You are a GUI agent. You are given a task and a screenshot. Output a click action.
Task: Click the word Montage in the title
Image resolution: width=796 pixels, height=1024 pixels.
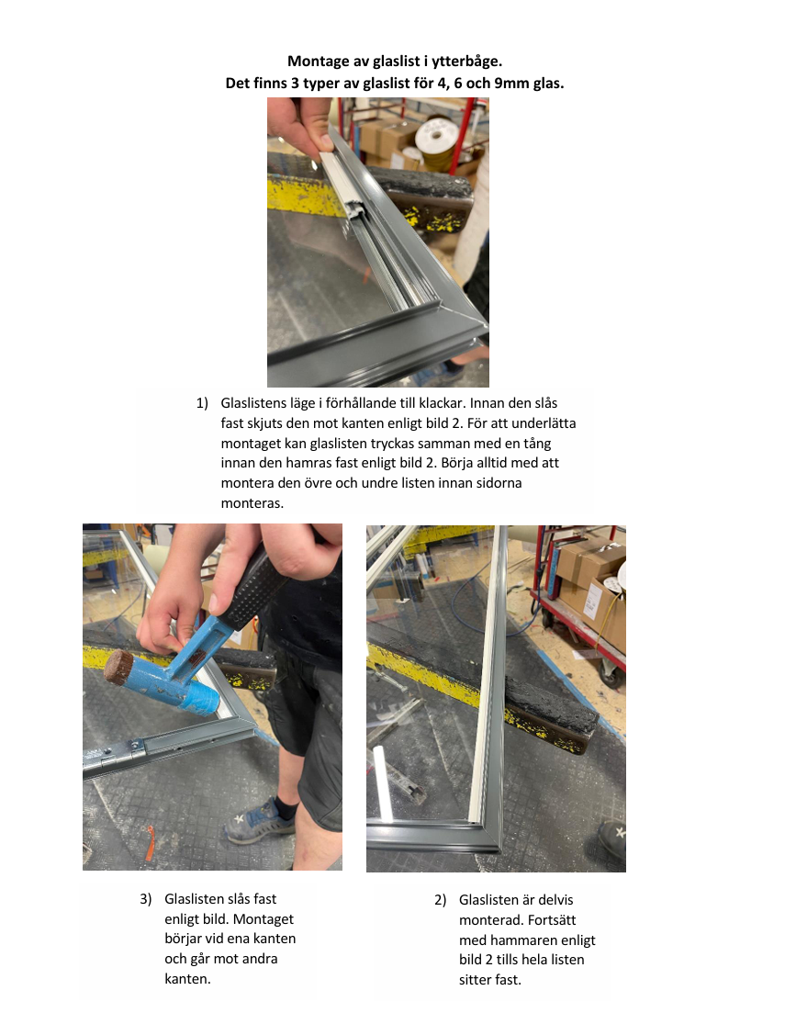pyautogui.click(x=316, y=62)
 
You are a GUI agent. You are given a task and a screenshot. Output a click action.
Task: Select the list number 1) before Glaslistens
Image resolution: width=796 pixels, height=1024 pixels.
pyautogui.click(x=202, y=403)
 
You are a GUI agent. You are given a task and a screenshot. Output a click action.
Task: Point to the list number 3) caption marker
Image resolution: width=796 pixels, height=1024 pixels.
pyautogui.click(x=146, y=899)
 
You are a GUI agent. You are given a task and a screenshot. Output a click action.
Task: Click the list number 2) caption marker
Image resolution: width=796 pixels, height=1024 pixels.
pyautogui.click(x=440, y=900)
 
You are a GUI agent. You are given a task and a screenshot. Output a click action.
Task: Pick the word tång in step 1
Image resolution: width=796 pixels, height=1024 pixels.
pyautogui.click(x=536, y=444)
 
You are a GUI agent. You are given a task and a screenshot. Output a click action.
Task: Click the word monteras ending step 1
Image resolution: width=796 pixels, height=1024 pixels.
pyautogui.click(x=252, y=503)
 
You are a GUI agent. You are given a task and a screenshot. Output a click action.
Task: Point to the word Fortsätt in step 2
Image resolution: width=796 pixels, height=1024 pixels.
pyautogui.click(x=552, y=920)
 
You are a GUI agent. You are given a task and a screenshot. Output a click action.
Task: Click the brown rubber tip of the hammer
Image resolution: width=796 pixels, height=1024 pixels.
pyautogui.click(x=118, y=667)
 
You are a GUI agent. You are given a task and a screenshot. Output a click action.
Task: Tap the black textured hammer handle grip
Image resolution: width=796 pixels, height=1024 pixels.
pyautogui.click(x=252, y=591)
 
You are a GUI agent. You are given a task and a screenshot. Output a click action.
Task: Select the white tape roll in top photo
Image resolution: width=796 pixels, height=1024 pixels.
pyautogui.click(x=436, y=139)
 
